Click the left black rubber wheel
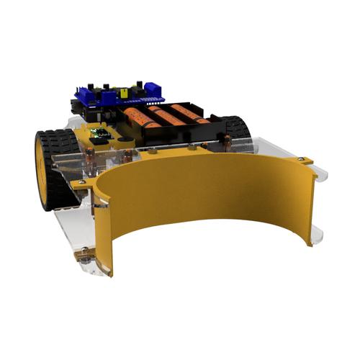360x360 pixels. (54, 162)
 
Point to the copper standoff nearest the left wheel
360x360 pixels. (90, 163)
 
